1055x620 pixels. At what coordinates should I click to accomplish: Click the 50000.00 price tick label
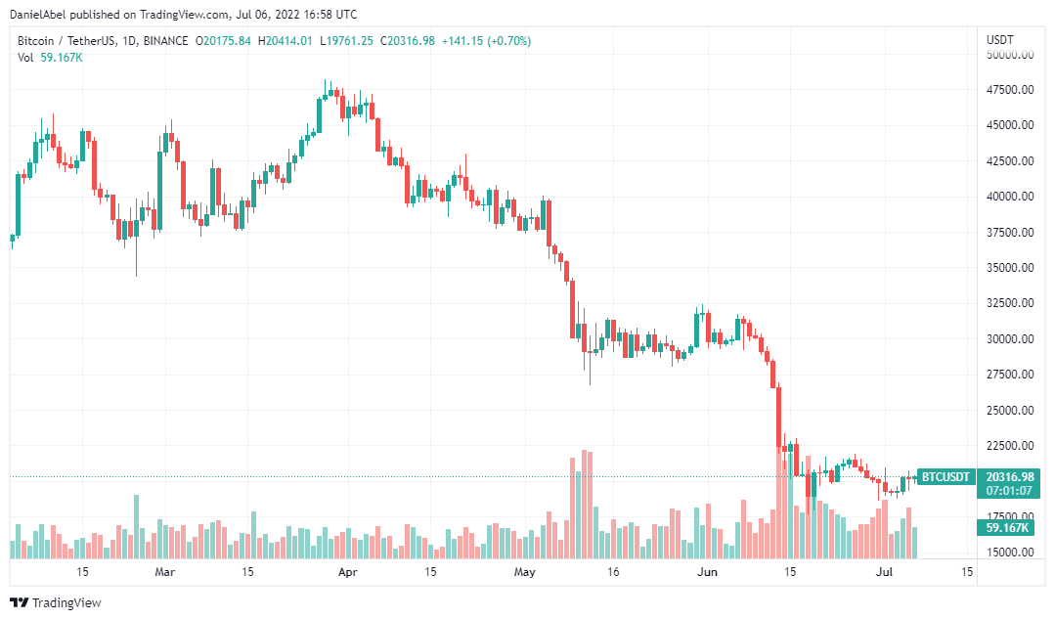coord(1010,55)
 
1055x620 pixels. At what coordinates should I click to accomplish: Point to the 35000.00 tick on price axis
coord(1010,268)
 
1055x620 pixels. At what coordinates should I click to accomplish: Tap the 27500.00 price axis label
coord(1010,375)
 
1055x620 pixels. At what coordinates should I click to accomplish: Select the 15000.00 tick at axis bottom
coord(1010,553)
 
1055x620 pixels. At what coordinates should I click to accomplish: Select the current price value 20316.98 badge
coord(1009,476)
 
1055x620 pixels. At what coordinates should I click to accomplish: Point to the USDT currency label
coord(1000,40)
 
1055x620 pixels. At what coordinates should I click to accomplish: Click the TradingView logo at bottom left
coord(56,602)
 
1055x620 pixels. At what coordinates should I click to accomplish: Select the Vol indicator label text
coord(25,58)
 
